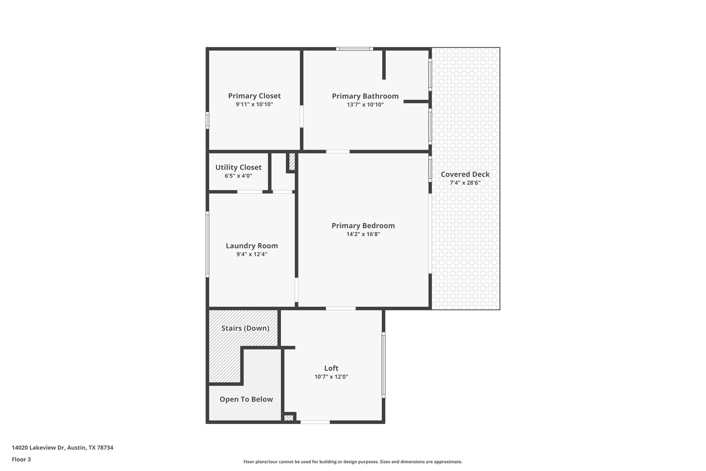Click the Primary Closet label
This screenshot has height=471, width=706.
(x=254, y=96)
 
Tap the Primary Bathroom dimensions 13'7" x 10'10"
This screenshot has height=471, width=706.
(x=365, y=105)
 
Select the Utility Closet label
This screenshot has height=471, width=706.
(x=238, y=167)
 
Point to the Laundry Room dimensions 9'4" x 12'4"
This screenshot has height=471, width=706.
(x=252, y=254)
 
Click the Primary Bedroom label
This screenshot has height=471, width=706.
(x=363, y=226)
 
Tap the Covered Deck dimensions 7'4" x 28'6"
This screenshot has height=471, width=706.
(x=465, y=183)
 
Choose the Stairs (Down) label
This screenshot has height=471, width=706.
(x=245, y=328)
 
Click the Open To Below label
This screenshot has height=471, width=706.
(x=246, y=399)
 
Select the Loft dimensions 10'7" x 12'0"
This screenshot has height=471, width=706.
(x=331, y=377)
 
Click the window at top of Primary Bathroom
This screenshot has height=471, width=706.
(x=354, y=49)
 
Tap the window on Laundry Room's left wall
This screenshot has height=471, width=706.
(x=208, y=244)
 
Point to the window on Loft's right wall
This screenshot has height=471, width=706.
(x=383, y=365)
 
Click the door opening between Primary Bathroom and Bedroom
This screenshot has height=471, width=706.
(x=338, y=151)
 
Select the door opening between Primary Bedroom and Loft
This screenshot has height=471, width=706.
(x=341, y=308)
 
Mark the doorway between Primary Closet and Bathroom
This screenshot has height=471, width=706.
(x=302, y=116)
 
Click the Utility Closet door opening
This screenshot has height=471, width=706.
(x=250, y=192)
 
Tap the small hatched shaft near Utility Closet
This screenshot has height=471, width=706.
(x=292, y=161)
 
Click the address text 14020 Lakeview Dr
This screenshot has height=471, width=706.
(x=62, y=448)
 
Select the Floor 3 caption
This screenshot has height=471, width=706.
(x=21, y=459)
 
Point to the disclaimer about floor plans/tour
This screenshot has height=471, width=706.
(x=353, y=462)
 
